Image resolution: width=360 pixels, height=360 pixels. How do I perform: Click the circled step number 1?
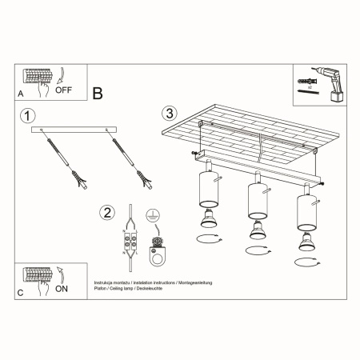click(x=30, y=115)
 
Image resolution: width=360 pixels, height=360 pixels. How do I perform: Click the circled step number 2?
click(x=107, y=213)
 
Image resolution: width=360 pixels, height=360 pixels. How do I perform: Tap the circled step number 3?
click(x=169, y=114)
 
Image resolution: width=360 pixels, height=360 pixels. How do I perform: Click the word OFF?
click(x=64, y=90)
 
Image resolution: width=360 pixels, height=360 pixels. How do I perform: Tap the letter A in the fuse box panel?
click(x=20, y=94)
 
